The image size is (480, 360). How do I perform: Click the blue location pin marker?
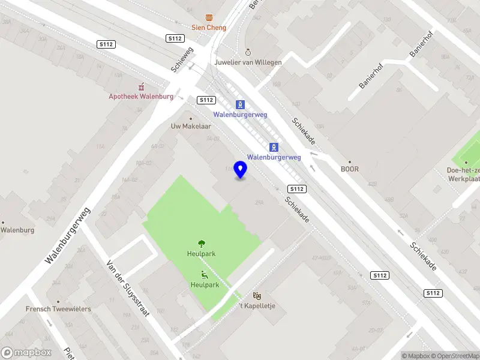(x=241, y=170)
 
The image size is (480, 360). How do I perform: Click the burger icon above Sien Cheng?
(x=208, y=17)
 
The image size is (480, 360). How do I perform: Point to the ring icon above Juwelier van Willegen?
(x=248, y=52)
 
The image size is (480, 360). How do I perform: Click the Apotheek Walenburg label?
(x=141, y=97)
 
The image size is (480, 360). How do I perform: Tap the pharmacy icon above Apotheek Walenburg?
(x=142, y=86)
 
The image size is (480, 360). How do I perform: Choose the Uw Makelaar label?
(x=191, y=127)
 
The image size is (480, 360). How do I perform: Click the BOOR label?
(x=349, y=169)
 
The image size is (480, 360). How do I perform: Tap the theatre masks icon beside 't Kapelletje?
(x=257, y=296)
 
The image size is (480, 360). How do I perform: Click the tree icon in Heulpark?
(x=202, y=244)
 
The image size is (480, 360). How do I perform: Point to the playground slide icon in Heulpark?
(x=205, y=275)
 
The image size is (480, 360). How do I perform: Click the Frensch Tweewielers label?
(x=58, y=309)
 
